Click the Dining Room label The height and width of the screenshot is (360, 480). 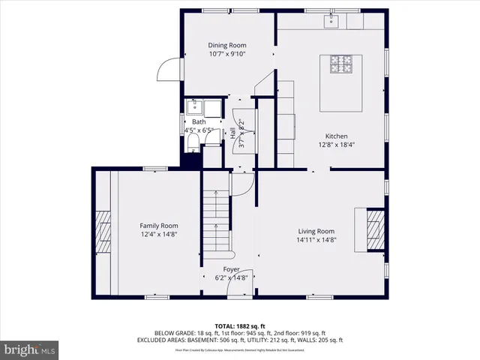click(x=226, y=45)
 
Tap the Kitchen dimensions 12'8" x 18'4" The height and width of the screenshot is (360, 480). click(x=335, y=145)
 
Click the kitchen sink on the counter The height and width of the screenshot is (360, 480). click(x=330, y=21)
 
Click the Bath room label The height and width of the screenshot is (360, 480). click(x=198, y=121)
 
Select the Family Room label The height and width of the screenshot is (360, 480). click(x=159, y=225)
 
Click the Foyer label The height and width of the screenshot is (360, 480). click(x=231, y=268)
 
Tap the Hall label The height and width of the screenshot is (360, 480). click(x=233, y=134)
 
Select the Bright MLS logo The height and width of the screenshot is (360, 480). click(x=30, y=349)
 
